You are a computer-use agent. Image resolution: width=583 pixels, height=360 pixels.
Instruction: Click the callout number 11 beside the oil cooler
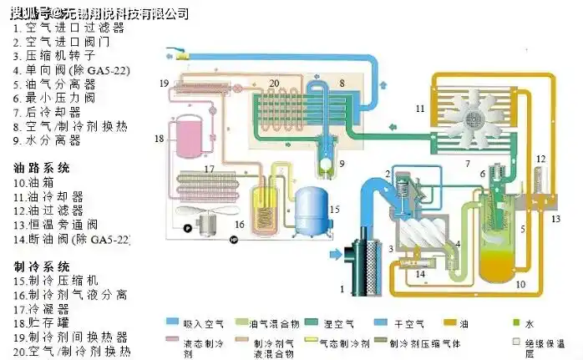420,109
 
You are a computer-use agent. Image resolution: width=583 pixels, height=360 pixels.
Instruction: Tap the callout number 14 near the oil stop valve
421,273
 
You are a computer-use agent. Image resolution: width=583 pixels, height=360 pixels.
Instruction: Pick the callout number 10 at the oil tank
520,285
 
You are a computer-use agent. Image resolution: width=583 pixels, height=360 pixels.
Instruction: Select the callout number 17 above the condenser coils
209,170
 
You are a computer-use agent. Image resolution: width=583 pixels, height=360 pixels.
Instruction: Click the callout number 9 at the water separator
341,163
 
